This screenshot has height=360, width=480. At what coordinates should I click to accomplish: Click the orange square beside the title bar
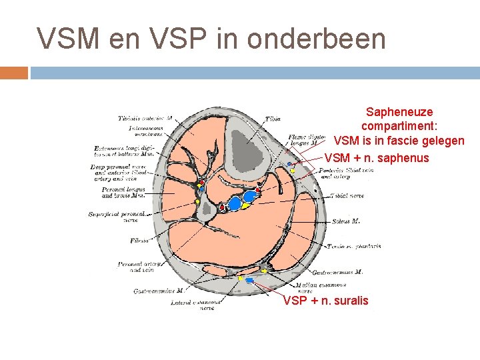(14, 72)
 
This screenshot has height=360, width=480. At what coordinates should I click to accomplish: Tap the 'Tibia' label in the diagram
(273, 119)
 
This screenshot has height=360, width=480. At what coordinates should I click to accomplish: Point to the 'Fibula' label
(140, 240)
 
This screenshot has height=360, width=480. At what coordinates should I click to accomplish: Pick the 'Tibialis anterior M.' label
(145, 118)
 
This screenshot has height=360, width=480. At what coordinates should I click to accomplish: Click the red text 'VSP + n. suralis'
(325, 301)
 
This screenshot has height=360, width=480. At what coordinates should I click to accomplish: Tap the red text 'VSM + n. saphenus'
(377, 158)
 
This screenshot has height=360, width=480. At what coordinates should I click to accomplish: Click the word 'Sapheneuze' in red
(399, 112)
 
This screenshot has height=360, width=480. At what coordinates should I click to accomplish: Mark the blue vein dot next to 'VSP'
(250, 281)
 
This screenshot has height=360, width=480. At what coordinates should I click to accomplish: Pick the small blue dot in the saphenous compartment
(289, 164)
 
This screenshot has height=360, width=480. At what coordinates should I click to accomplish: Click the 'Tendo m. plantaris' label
(354, 246)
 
